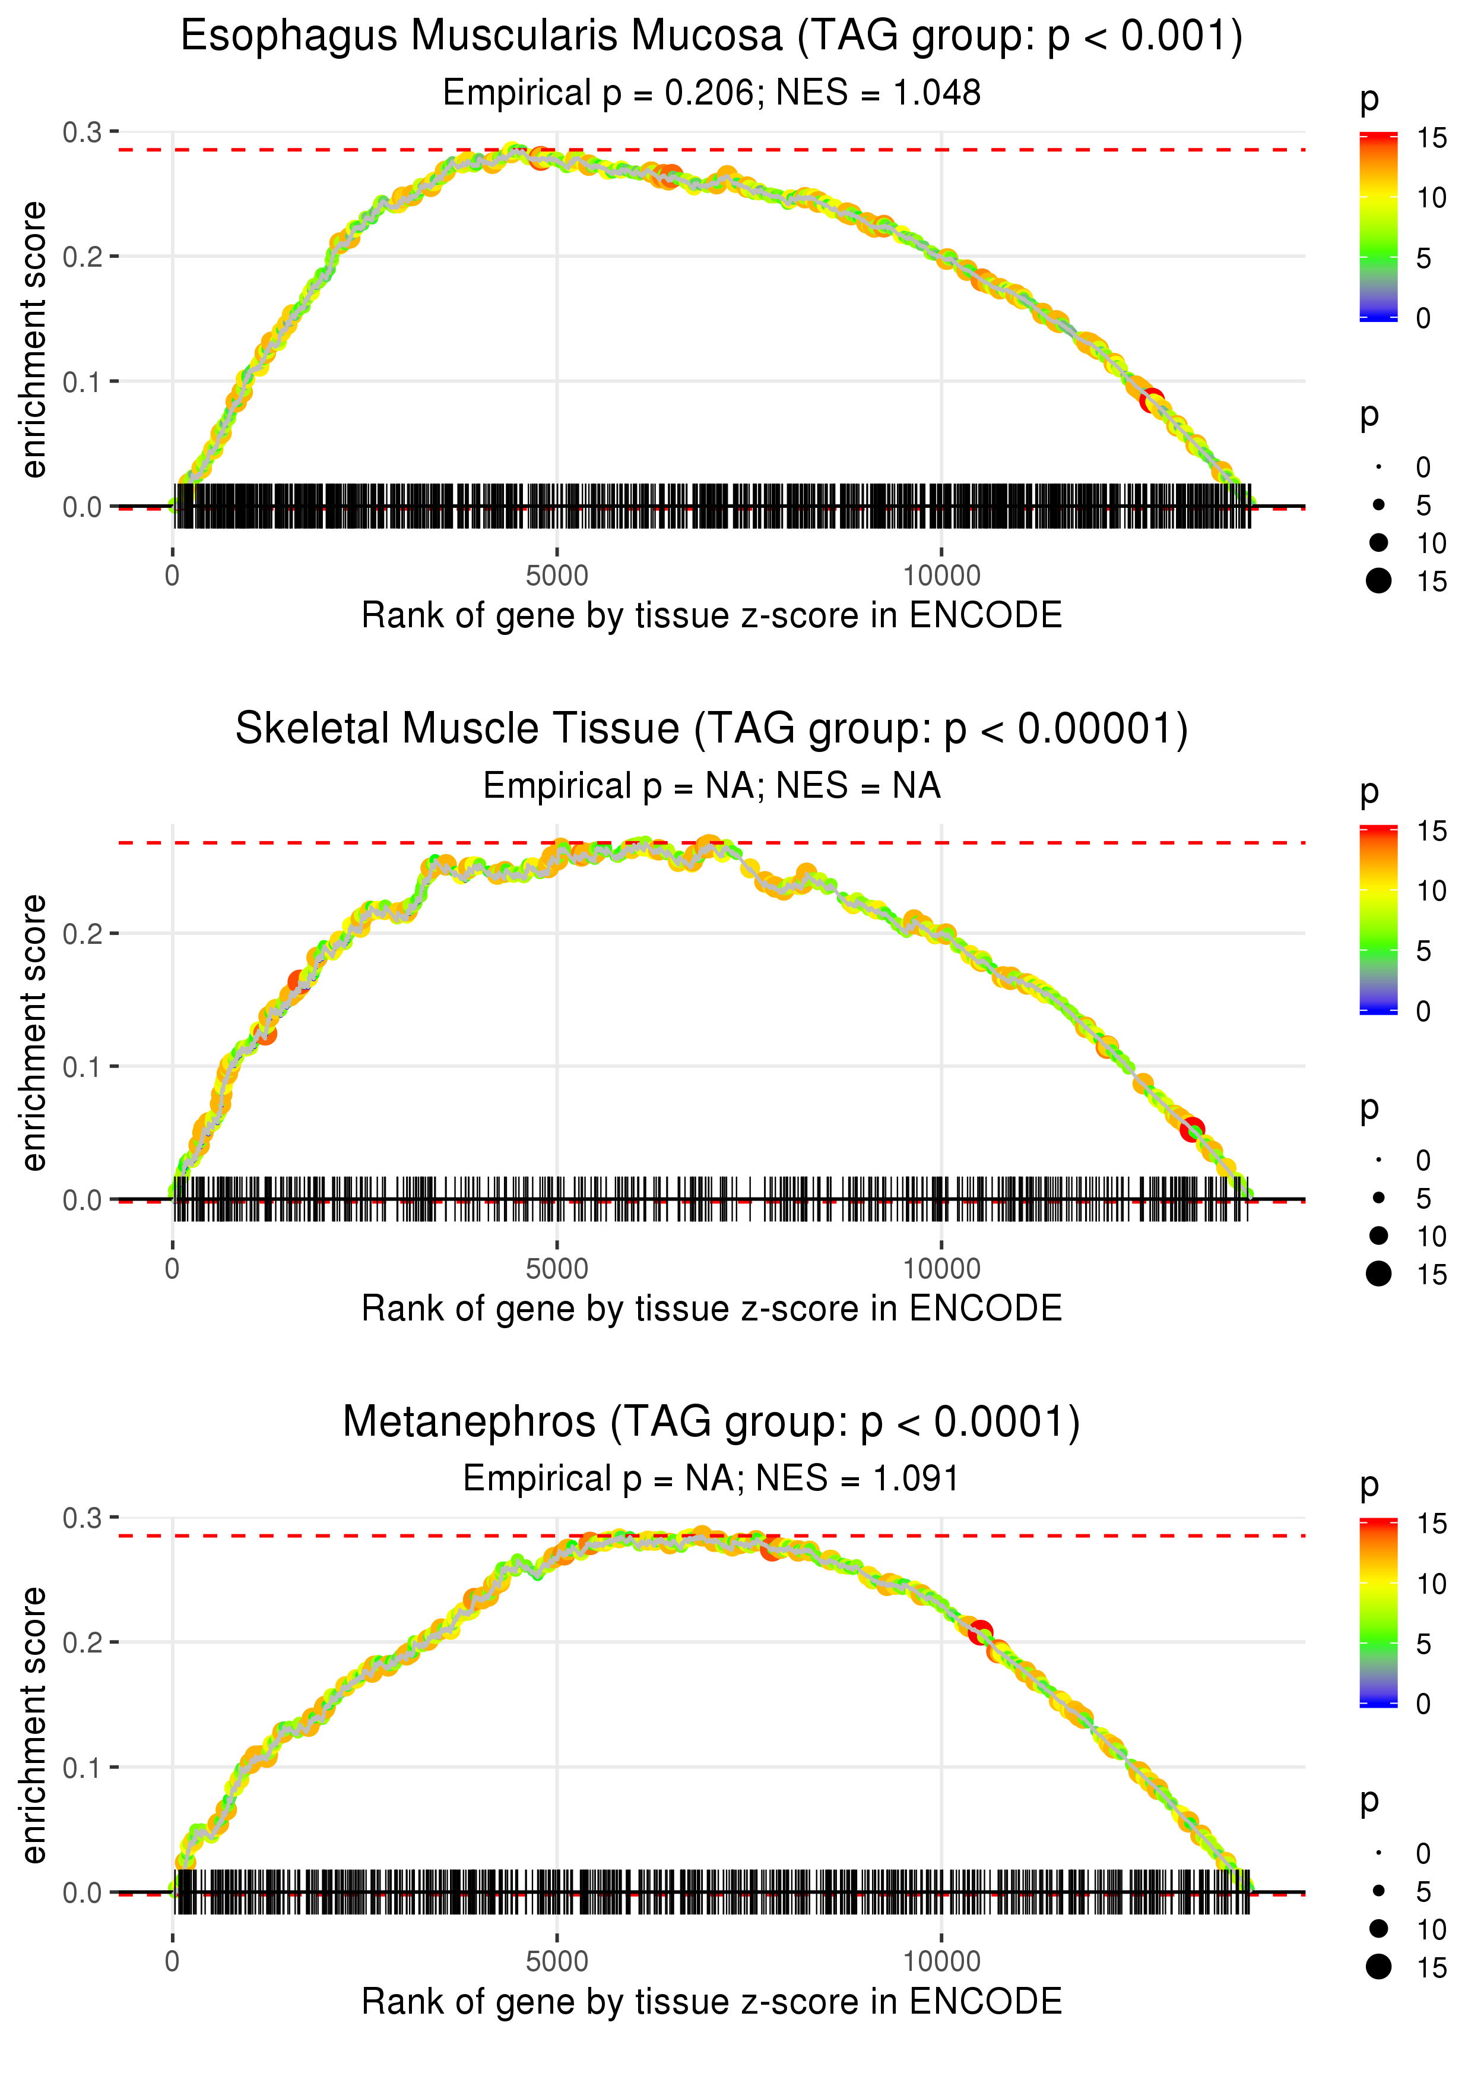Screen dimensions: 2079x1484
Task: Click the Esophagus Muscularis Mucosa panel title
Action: [711, 37]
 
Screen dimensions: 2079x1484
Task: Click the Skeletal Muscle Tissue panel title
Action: [711, 729]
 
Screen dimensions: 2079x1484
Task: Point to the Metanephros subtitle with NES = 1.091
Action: [711, 1479]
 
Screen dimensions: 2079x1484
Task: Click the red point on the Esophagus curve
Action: [1152, 400]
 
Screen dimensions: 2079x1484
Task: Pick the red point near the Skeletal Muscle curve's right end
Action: [1191, 1130]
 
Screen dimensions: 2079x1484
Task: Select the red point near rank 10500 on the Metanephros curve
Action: [981, 1632]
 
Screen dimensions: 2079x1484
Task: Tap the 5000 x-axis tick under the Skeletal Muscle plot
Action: [557, 1269]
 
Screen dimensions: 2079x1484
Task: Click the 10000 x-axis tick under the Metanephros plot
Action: [941, 1962]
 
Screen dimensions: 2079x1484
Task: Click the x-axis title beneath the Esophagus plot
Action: [711, 615]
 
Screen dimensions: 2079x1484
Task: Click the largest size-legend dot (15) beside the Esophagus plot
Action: [1379, 580]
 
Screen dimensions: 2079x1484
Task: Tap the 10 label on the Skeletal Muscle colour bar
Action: [1431, 890]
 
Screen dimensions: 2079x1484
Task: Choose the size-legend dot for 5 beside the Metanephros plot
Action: [1379, 1891]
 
